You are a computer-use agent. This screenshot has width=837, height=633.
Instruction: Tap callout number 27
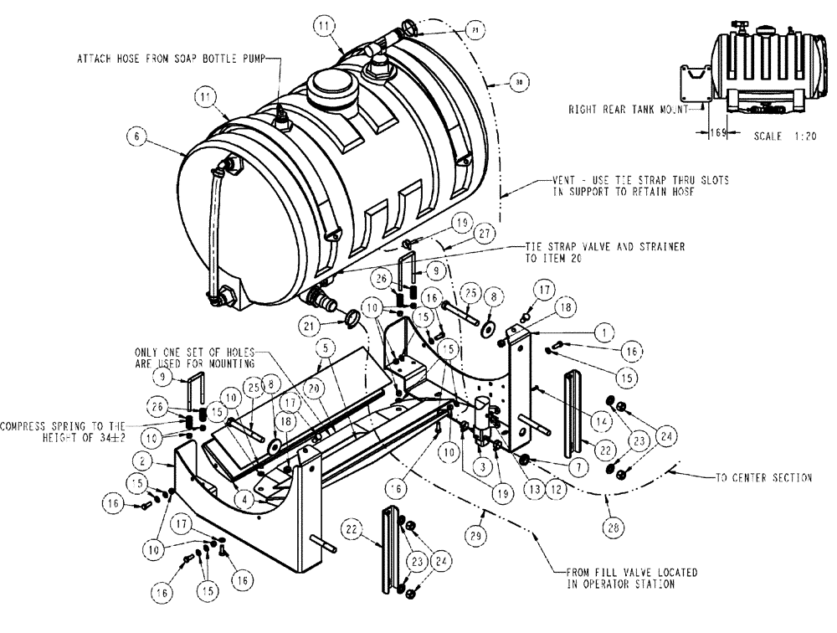(483, 237)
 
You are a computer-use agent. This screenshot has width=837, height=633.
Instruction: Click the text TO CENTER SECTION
(763, 478)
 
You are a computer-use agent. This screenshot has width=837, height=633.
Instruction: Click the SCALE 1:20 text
(775, 135)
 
